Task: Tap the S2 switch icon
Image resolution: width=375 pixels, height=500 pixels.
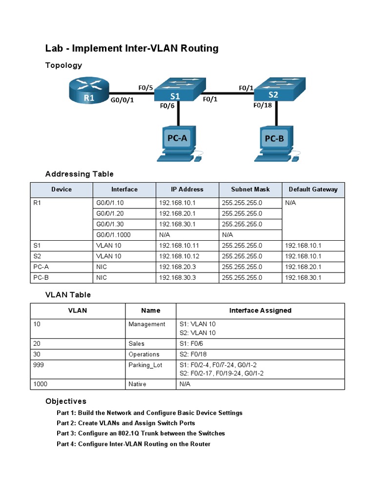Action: (x=279, y=88)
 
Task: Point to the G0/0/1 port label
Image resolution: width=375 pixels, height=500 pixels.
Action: (x=123, y=101)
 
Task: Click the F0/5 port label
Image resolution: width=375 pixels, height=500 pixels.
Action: (x=146, y=88)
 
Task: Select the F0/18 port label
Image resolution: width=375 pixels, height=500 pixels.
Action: (x=263, y=104)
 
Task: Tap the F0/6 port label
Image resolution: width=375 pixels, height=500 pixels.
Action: (x=167, y=104)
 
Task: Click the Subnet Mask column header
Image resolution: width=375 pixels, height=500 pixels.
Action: (x=250, y=189)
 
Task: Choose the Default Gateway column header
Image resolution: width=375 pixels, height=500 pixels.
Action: (x=313, y=189)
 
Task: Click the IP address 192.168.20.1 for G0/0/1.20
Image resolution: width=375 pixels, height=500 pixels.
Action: (x=177, y=213)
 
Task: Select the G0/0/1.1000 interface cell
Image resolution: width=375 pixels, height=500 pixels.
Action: (x=114, y=235)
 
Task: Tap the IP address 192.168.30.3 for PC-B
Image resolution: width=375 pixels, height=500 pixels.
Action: (x=177, y=277)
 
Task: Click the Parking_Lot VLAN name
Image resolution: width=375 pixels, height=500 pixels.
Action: (x=145, y=365)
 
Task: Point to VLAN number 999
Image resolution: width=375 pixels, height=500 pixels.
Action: (x=39, y=365)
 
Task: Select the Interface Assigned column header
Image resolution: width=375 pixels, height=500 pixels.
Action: (x=260, y=311)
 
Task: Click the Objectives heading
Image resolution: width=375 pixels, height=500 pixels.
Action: (x=66, y=401)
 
